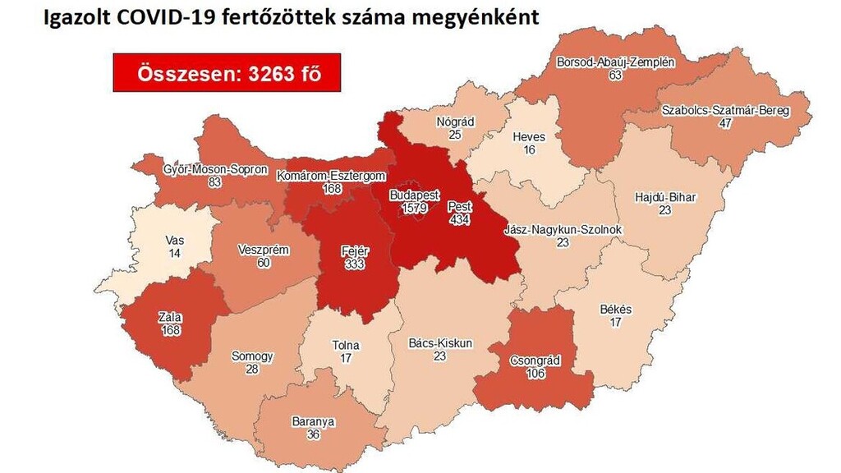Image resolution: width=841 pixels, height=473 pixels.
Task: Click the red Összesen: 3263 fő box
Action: (x=226, y=73)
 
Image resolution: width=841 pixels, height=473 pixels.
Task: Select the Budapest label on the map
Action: (x=414, y=197)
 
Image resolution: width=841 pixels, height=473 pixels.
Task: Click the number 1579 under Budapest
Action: (x=414, y=209)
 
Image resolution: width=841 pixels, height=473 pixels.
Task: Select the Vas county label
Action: (x=174, y=241)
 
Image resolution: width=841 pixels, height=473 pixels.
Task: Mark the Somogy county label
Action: (x=252, y=356)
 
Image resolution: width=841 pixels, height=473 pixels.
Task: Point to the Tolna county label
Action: (x=345, y=346)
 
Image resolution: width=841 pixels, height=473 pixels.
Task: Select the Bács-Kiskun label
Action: (x=440, y=343)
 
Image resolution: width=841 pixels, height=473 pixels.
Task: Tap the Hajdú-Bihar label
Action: (x=664, y=198)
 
